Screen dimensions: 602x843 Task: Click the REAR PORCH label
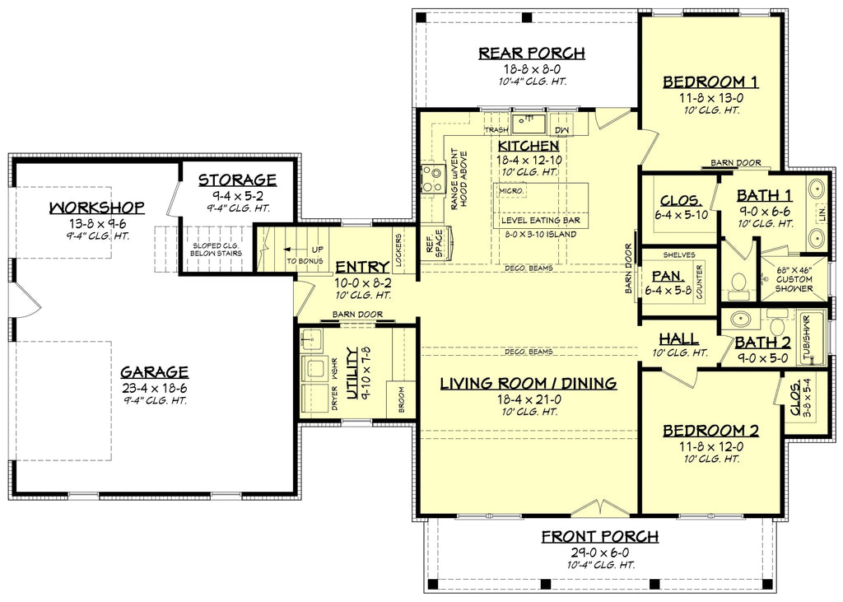532,54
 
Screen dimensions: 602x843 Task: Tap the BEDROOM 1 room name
710,82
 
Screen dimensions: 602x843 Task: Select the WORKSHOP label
97,207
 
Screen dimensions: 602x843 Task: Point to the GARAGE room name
154,371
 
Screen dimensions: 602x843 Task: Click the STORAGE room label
237,180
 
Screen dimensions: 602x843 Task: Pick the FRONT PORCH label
599,537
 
